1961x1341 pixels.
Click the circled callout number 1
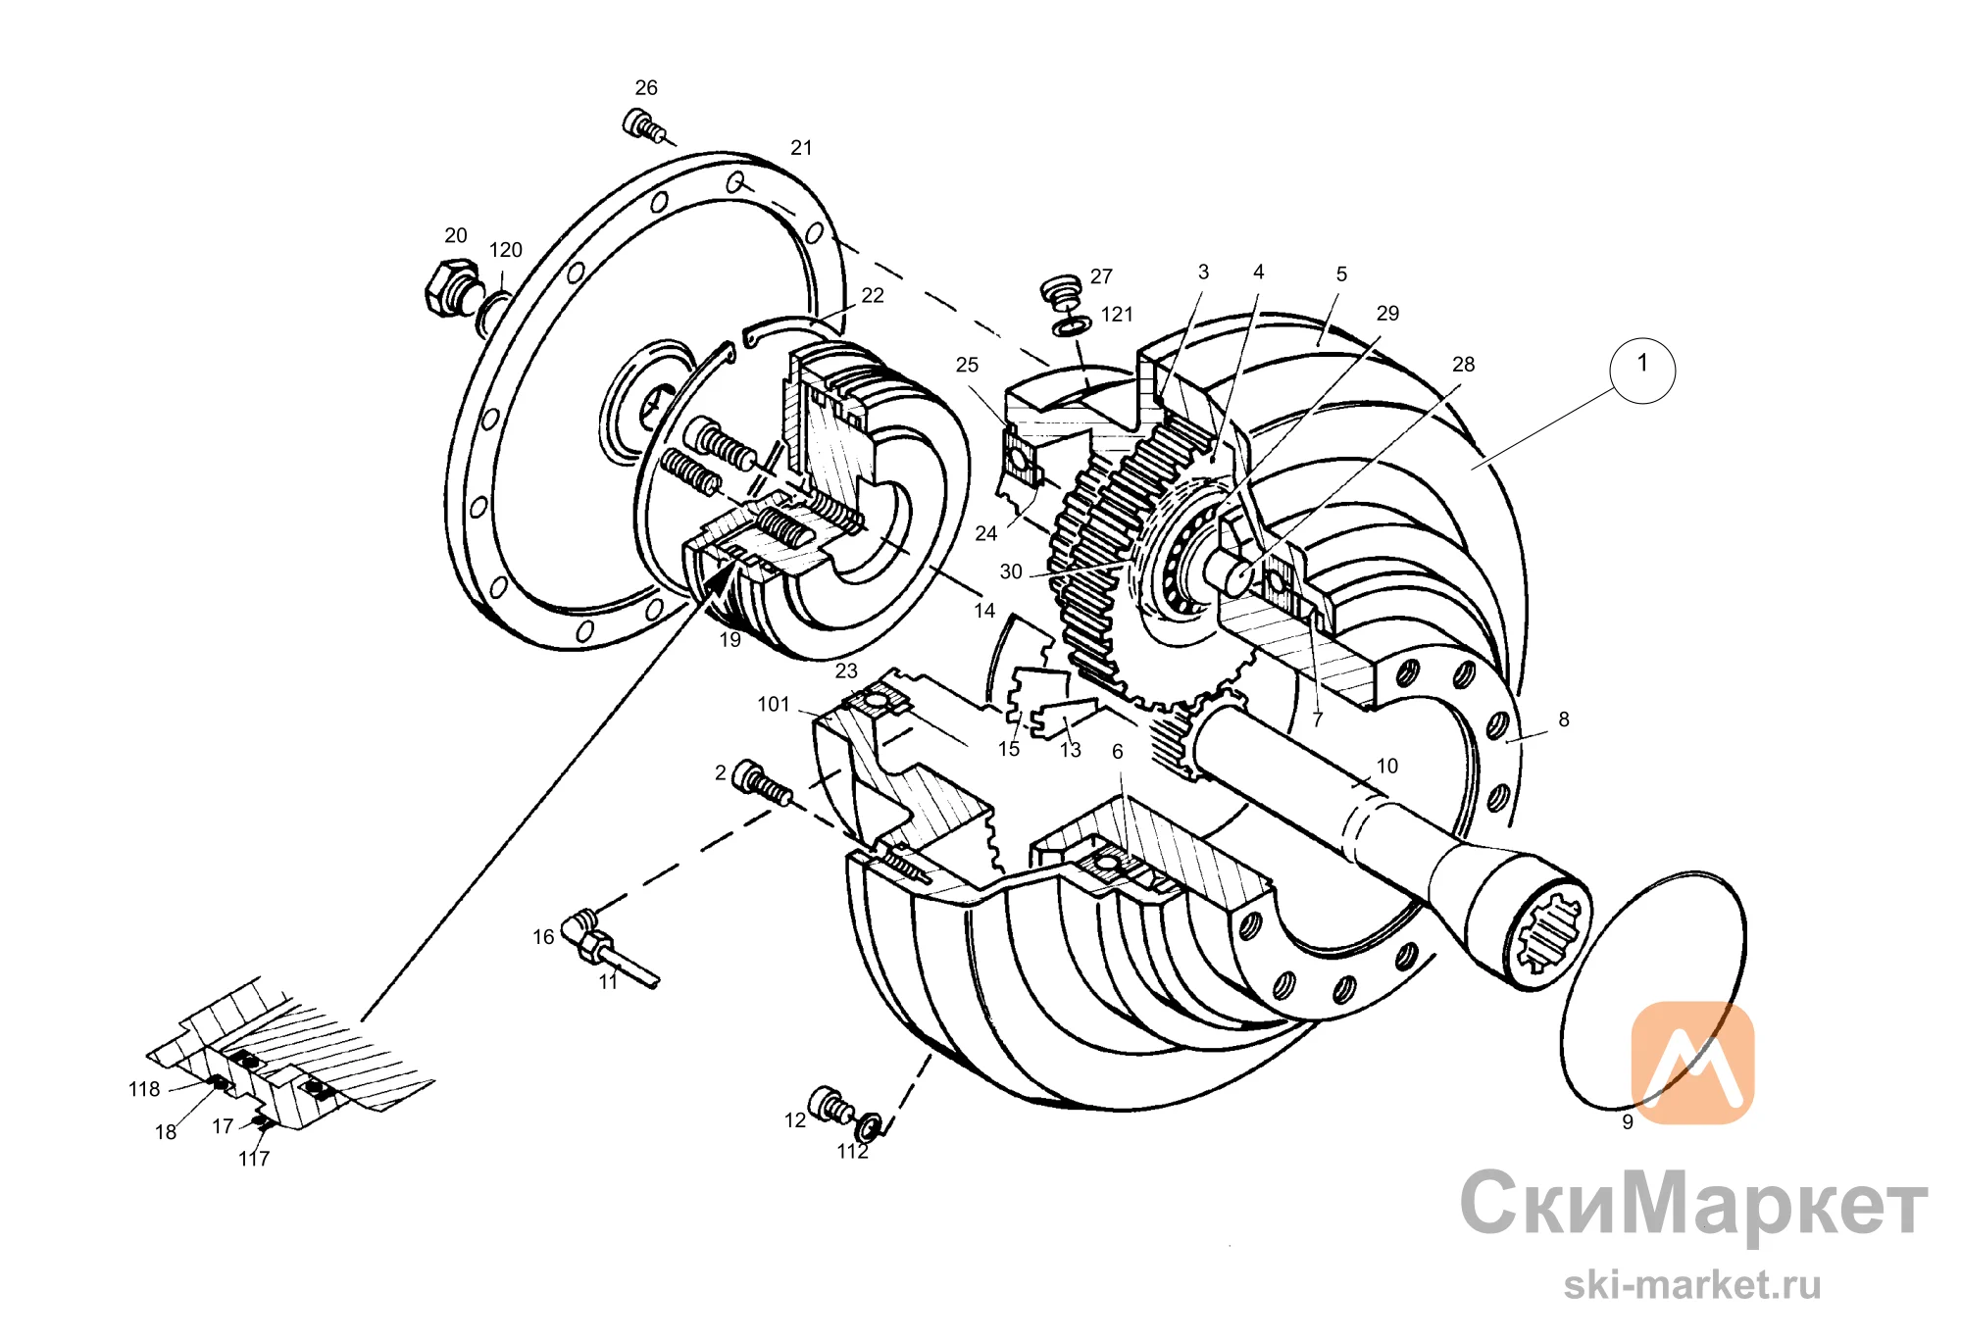1642,370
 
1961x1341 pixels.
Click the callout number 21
801,148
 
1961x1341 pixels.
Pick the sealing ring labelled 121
1072,324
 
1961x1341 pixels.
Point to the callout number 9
1628,1122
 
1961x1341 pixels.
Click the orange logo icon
1692,1063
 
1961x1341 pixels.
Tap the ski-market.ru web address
1692,1284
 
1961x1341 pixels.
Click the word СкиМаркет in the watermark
1693,1204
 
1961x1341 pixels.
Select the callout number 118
144,1089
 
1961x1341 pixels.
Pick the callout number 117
254,1159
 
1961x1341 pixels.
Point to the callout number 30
1011,571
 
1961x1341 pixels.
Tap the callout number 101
774,704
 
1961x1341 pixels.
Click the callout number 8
1564,720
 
